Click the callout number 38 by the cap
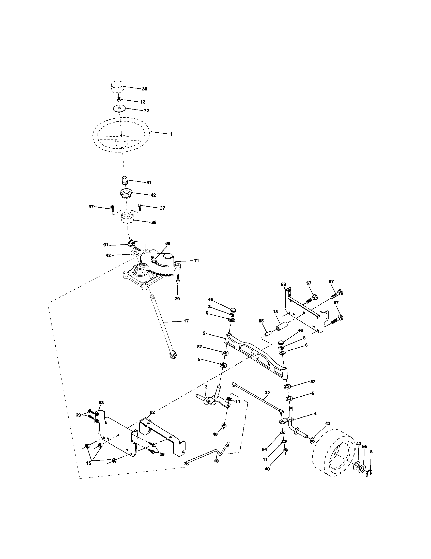click(145, 89)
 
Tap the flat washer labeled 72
click(119, 108)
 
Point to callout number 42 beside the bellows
click(153, 195)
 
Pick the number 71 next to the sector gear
click(196, 261)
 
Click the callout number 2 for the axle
click(204, 333)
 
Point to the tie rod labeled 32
click(258, 402)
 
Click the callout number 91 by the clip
click(106, 245)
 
